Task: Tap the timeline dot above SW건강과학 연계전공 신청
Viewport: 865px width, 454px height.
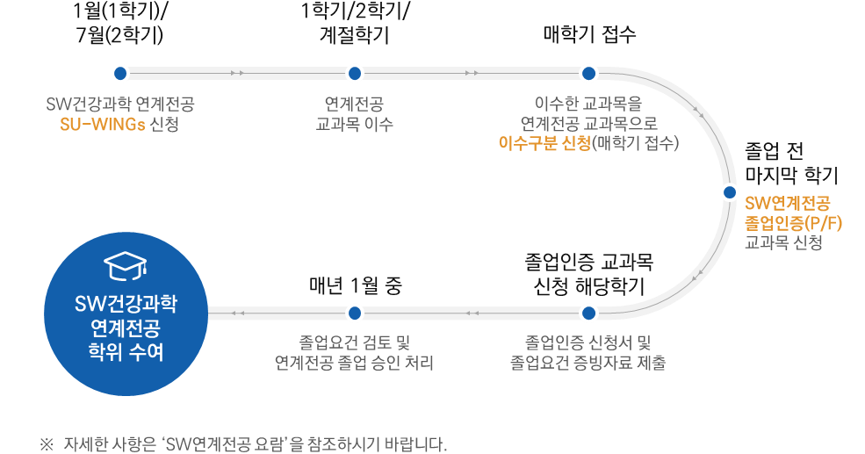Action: point(120,73)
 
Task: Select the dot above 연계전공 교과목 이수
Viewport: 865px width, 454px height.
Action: point(355,73)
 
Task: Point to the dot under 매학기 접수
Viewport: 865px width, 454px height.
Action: point(588,73)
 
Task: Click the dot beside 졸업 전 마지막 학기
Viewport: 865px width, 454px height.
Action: point(729,192)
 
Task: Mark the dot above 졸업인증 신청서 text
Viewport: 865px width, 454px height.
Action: point(588,312)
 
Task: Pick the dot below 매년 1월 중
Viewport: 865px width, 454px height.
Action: point(355,312)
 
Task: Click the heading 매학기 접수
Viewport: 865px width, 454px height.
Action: point(588,35)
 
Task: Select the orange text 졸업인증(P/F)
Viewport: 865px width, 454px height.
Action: point(793,222)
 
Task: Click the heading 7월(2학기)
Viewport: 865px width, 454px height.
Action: point(120,36)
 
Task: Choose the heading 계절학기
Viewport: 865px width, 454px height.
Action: point(355,36)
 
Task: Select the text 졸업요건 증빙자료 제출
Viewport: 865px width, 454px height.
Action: point(587,362)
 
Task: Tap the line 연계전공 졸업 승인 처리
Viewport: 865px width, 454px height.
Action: point(354,362)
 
